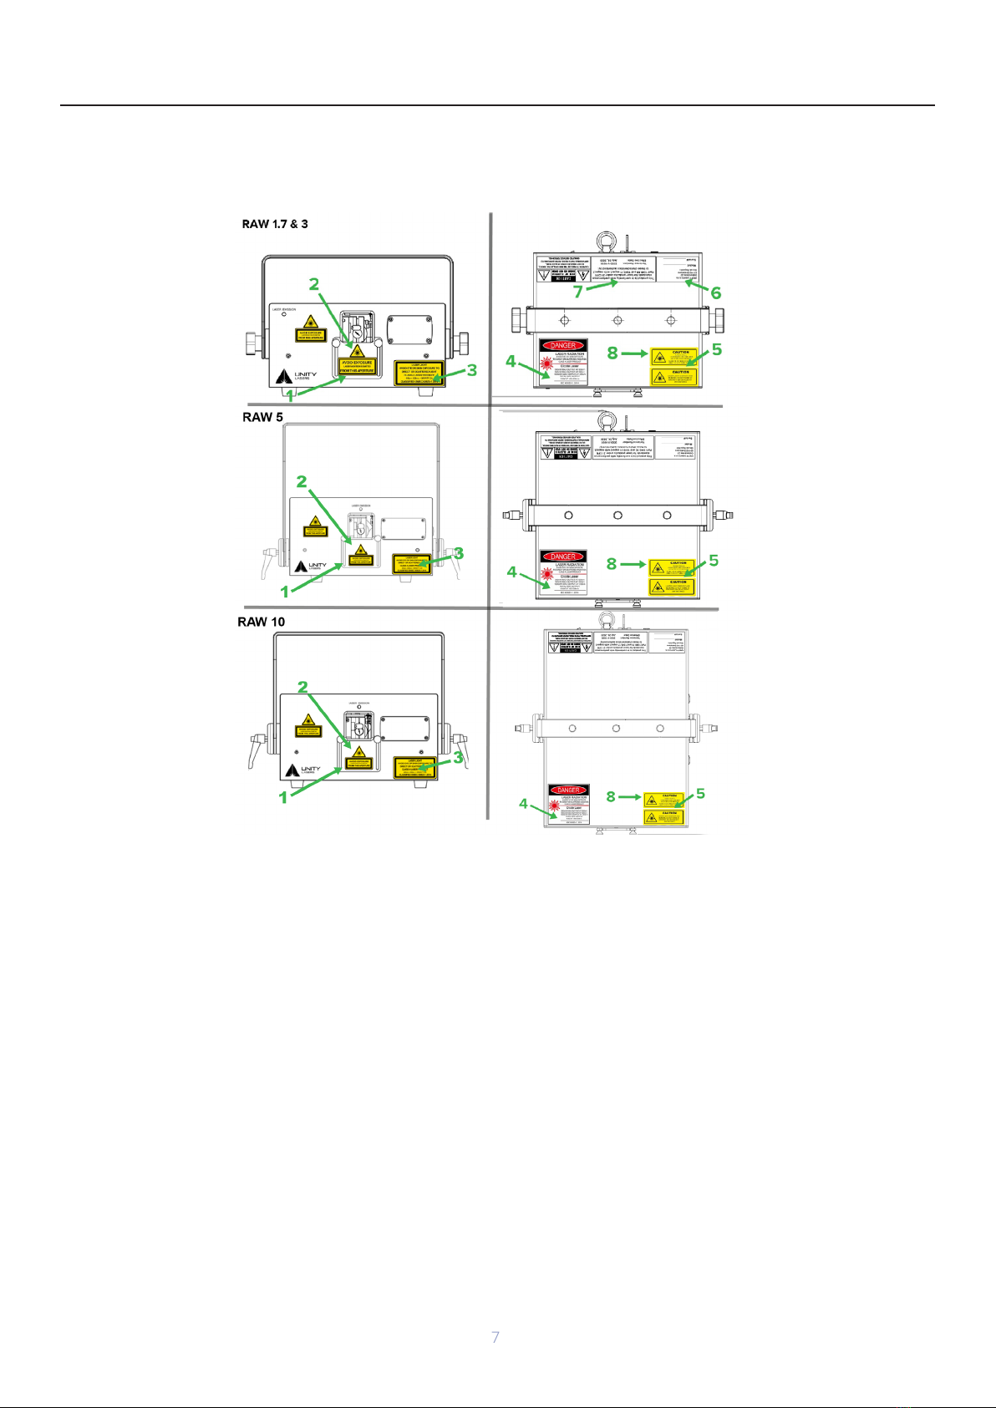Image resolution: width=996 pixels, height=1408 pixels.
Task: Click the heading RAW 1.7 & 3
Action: point(275,224)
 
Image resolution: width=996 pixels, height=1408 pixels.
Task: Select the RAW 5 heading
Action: point(262,417)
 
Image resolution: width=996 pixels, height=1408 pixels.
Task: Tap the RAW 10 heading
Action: point(261,622)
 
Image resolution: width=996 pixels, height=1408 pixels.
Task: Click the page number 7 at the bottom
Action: point(495,1337)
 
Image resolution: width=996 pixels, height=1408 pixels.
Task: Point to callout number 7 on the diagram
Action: point(577,292)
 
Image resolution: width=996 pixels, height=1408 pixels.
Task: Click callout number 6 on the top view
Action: point(715,292)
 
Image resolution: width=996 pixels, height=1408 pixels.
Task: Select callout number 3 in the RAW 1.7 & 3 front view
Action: point(472,369)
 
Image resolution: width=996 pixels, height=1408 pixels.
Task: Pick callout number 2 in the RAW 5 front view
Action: point(301,482)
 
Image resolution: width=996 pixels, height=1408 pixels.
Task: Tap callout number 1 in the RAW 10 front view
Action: point(283,797)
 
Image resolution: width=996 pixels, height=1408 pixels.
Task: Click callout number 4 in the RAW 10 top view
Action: point(523,804)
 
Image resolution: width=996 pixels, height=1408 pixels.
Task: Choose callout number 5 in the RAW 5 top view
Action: point(714,561)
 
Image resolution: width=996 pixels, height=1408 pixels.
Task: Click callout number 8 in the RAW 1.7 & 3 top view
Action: point(612,353)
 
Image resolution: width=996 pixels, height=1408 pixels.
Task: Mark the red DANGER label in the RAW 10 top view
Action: point(568,790)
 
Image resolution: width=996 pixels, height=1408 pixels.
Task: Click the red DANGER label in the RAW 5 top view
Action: point(563,556)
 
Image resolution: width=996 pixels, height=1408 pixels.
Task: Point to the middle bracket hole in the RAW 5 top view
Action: point(617,515)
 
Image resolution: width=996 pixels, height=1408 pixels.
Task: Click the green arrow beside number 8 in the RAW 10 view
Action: point(630,797)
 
